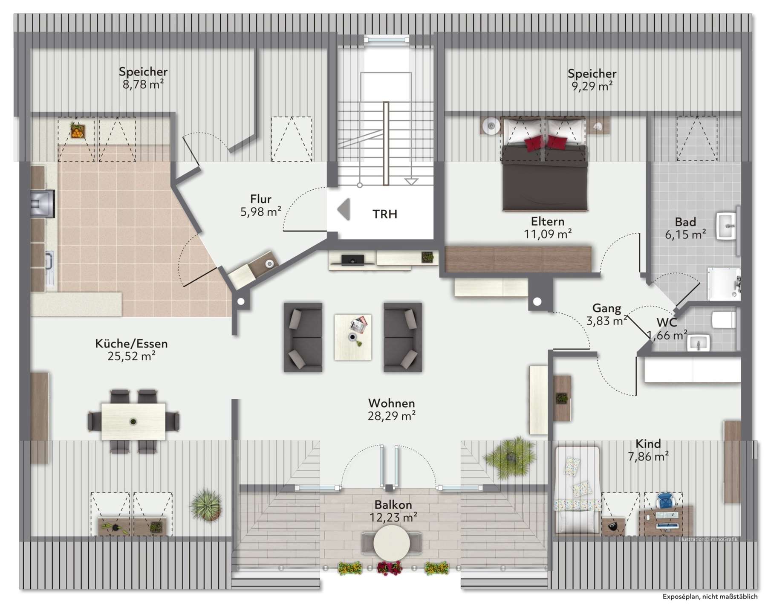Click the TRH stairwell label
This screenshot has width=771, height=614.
pos(385,214)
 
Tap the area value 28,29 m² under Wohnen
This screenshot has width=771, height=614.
pos(392,416)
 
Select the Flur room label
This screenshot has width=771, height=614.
pos(261,199)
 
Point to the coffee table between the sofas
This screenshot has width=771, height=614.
pos(353,337)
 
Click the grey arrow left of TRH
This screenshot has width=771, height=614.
pos(344,209)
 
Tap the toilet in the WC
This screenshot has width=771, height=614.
pos(724,320)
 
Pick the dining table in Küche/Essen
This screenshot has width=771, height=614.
pos(133,421)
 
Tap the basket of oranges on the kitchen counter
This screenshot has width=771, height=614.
pos(77,130)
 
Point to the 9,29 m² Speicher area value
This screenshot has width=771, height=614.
pos(592,86)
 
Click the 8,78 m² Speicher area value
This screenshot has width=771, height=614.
pos(143,84)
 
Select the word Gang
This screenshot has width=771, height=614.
pos(606,308)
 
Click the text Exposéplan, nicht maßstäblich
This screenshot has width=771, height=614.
pos(710,597)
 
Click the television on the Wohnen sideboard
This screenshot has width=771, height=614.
pos(352,260)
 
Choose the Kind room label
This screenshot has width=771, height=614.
pos(648,444)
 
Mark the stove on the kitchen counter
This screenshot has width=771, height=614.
pos(43,200)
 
